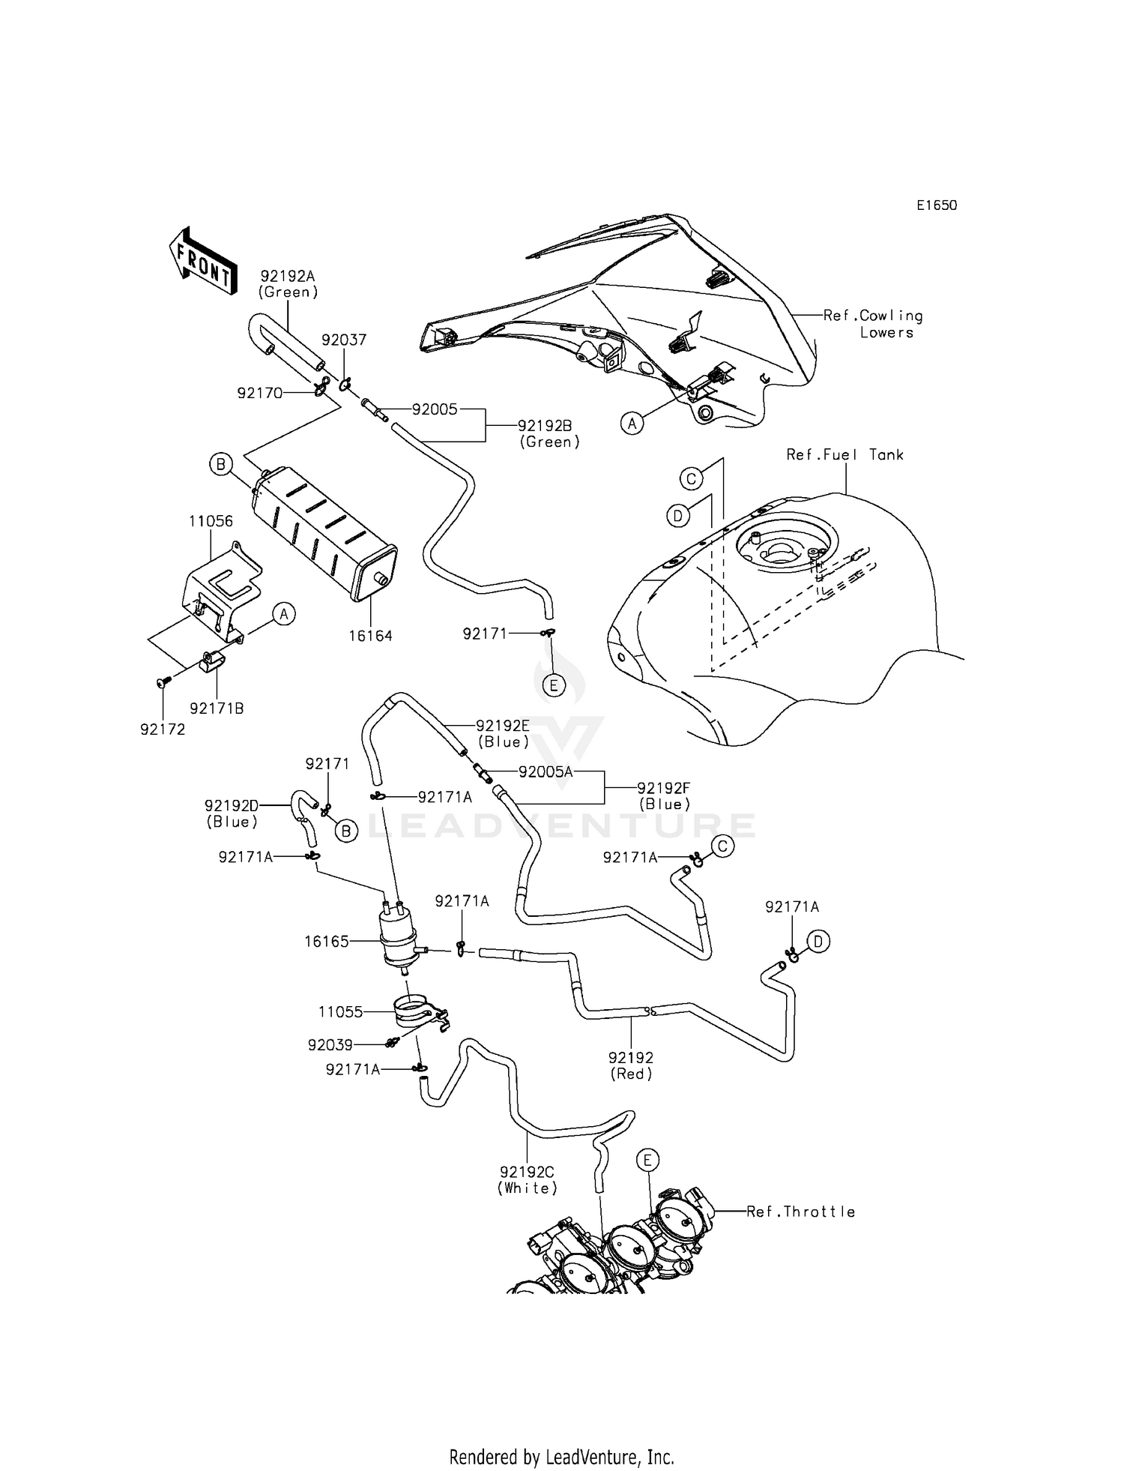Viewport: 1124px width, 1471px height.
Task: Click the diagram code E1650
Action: (x=936, y=205)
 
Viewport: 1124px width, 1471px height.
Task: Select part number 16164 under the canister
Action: (x=370, y=636)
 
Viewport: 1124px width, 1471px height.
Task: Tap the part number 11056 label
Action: (x=211, y=521)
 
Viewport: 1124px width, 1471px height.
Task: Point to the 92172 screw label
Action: (x=163, y=729)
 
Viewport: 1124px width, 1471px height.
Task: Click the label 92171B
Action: (x=217, y=709)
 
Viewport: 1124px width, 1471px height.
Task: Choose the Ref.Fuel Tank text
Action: (x=844, y=454)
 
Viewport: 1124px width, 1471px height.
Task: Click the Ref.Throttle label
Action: (x=800, y=1212)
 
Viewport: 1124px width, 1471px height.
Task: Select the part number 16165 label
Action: (x=327, y=942)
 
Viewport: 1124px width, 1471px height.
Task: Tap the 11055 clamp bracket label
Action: (x=340, y=1012)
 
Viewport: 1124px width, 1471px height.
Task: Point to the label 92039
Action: (x=330, y=1044)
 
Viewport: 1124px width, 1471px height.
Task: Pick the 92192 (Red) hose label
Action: (x=631, y=1065)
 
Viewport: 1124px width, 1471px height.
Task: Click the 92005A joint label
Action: (x=545, y=771)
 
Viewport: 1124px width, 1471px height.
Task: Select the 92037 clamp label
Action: (x=344, y=340)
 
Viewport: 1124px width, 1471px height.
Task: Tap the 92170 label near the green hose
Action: (x=259, y=393)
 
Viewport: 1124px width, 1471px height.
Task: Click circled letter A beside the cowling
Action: (x=632, y=424)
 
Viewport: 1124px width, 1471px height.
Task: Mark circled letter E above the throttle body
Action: (x=647, y=1161)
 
